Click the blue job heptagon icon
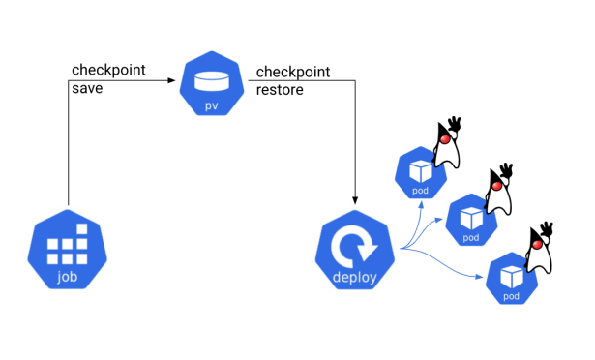point(68,250)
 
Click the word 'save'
point(88,89)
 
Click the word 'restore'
point(281,91)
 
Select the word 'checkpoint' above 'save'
point(109,71)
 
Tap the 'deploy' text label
point(356,278)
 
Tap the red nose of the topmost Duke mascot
point(445,138)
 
